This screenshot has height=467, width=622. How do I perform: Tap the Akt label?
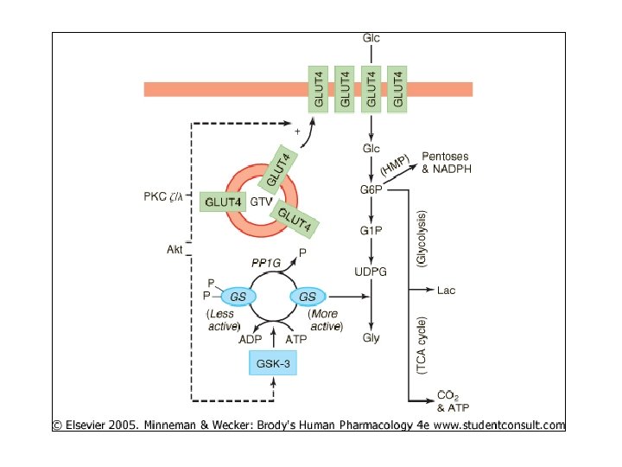tap(175, 250)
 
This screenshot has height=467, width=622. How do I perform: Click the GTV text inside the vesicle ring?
tap(261, 201)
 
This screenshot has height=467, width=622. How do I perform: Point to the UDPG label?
tap(371, 272)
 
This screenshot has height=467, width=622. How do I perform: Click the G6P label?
tap(371, 189)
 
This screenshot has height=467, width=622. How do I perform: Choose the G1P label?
tap(371, 230)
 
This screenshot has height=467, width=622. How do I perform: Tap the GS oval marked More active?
tap(307, 297)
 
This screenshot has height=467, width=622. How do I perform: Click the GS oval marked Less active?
tap(232, 297)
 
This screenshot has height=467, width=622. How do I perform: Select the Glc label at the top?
tap(371, 39)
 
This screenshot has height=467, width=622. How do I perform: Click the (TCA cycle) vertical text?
tap(422, 346)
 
